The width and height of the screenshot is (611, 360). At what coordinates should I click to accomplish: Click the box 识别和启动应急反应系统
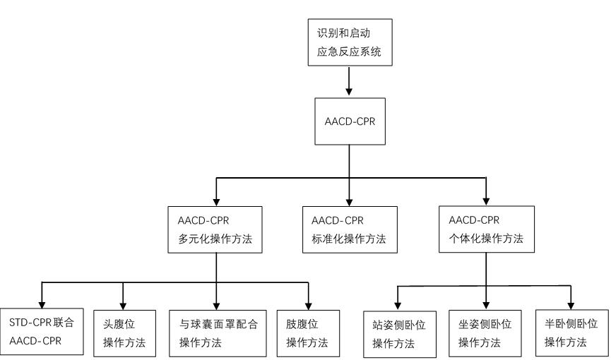pyautogui.click(x=350, y=42)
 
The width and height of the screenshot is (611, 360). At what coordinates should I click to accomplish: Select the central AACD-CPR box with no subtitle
pyautogui.click(x=350, y=121)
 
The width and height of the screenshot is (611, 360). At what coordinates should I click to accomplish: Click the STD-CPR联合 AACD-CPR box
pyautogui.click(x=42, y=331)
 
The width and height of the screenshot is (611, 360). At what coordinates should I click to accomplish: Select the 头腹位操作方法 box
pyautogui.click(x=124, y=331)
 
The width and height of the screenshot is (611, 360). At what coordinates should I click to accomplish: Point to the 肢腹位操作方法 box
pyautogui.click(x=308, y=331)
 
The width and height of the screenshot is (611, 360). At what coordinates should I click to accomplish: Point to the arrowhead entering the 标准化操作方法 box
pyautogui.click(x=350, y=200)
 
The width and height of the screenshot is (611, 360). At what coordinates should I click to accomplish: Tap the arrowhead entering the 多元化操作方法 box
pyautogui.click(x=215, y=200)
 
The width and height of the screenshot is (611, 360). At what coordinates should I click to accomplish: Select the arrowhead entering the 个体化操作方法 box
pyautogui.click(x=486, y=200)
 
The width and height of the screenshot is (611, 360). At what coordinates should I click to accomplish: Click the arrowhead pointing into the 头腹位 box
pyautogui.click(x=124, y=304)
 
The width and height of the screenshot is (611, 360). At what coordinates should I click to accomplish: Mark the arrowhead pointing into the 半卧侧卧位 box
pyautogui.click(x=571, y=306)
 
